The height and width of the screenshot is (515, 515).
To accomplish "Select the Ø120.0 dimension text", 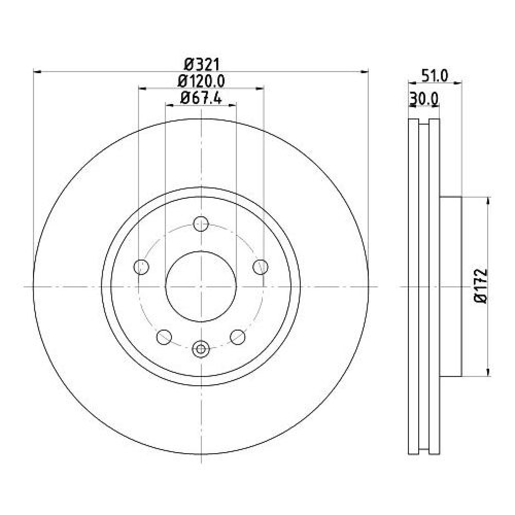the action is (x=201, y=81).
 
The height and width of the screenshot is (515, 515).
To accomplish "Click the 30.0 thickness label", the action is (x=424, y=98).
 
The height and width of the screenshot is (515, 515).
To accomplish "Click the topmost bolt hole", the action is (x=201, y=224).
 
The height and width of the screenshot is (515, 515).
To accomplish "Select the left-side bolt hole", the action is (x=142, y=266).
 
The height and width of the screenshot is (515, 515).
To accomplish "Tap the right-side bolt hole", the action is (x=261, y=266).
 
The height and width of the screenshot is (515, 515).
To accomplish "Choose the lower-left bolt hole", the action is (x=164, y=337).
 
